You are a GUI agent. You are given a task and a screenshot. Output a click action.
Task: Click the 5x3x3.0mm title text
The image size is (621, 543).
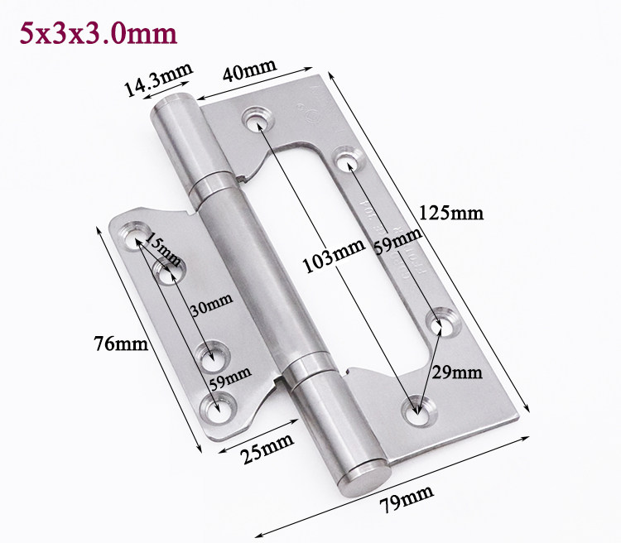[99, 33]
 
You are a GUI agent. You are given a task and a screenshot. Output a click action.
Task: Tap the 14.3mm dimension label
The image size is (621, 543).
[158, 79]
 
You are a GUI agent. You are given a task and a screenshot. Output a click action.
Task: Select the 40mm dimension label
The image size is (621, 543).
[249, 70]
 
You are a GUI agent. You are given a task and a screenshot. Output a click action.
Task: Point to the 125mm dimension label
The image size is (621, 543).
[451, 213]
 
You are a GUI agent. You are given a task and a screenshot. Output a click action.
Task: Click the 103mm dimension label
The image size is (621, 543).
[334, 256]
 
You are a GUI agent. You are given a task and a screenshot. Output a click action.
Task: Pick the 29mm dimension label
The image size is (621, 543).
[456, 372]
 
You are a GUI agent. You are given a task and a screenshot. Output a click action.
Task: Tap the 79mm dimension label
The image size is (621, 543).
[407, 499]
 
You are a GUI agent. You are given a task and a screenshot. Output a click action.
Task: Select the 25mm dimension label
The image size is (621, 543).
[268, 449]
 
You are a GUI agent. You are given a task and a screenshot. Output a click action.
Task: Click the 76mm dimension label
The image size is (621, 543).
[121, 344]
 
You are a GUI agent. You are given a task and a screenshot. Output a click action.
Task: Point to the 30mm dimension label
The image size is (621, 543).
[211, 304]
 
